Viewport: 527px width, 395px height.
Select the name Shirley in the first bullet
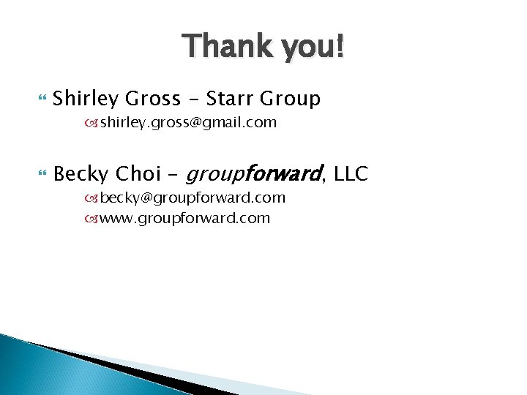[86, 99]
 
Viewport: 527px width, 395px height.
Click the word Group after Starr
[292, 99]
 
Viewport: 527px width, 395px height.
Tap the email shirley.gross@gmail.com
[188, 123]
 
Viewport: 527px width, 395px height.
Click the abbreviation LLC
[351, 174]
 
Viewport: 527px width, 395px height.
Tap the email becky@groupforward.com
[193, 198]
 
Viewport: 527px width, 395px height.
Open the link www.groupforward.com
[184, 218]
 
